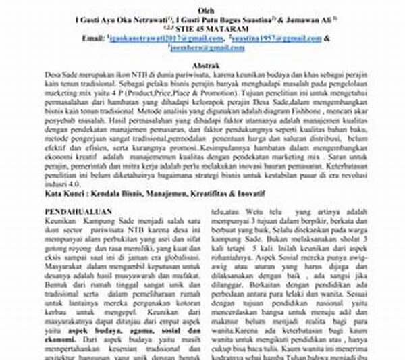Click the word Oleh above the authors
coord(203,12)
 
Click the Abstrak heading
coord(203,64)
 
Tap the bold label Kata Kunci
coord(63,192)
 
